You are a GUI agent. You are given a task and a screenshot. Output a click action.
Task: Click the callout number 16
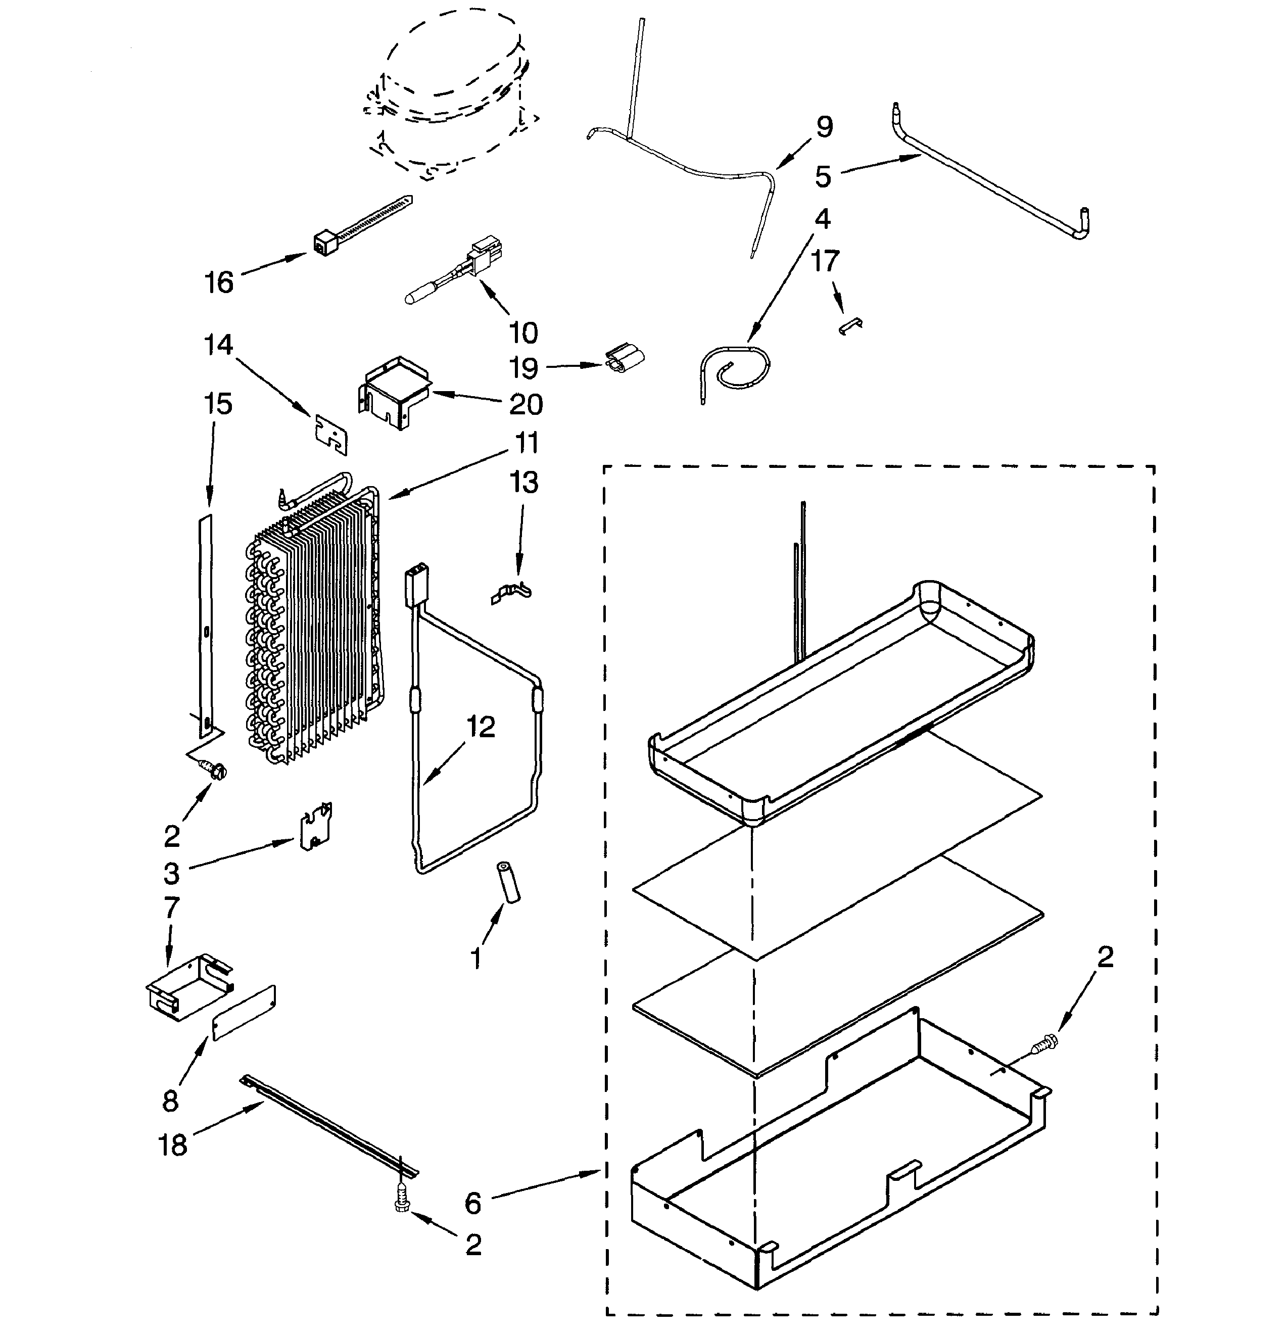pyautogui.click(x=219, y=282)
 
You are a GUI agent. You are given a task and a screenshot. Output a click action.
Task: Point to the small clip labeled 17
pyautogui.click(x=850, y=326)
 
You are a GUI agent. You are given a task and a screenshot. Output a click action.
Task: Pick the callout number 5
pyautogui.click(x=823, y=176)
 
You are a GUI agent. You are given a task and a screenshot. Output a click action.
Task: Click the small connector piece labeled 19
pyautogui.click(x=624, y=359)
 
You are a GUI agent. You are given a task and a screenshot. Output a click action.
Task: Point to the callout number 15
pyautogui.click(x=218, y=404)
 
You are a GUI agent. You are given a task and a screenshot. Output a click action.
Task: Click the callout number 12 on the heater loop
pyautogui.click(x=481, y=727)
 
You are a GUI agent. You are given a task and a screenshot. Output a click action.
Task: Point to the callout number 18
pyautogui.click(x=172, y=1145)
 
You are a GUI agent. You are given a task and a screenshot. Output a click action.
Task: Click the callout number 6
pyautogui.click(x=473, y=1204)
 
